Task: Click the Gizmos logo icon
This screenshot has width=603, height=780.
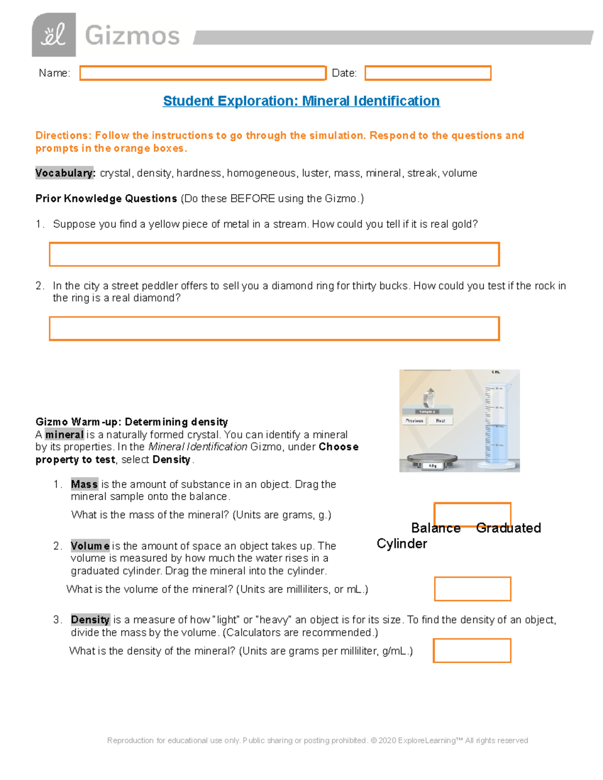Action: click(x=54, y=35)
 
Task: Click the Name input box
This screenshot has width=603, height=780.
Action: click(x=203, y=73)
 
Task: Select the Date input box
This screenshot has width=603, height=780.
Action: click(x=428, y=73)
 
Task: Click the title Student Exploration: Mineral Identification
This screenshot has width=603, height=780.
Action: click(x=301, y=101)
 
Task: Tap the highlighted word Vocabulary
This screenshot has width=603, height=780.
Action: click(x=64, y=173)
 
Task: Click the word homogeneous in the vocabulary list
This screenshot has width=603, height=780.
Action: click(x=261, y=173)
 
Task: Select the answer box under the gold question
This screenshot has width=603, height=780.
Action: click(x=274, y=254)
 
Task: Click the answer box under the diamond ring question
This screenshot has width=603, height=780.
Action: click(x=274, y=328)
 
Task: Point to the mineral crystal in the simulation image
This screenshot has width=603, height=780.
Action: click(x=429, y=397)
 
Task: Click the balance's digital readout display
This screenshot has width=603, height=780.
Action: click(x=432, y=466)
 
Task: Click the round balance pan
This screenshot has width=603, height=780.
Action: click(x=432, y=458)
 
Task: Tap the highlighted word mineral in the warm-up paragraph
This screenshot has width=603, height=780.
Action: click(x=64, y=435)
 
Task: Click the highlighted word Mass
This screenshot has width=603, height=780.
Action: click(x=84, y=485)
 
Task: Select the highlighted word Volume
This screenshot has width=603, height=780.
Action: click(x=90, y=546)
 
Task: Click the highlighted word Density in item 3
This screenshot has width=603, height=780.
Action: click(x=90, y=620)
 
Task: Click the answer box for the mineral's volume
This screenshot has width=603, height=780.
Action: click(x=472, y=589)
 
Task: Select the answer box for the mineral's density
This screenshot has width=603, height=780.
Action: click(x=472, y=650)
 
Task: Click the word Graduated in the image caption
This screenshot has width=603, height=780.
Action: click(x=508, y=528)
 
